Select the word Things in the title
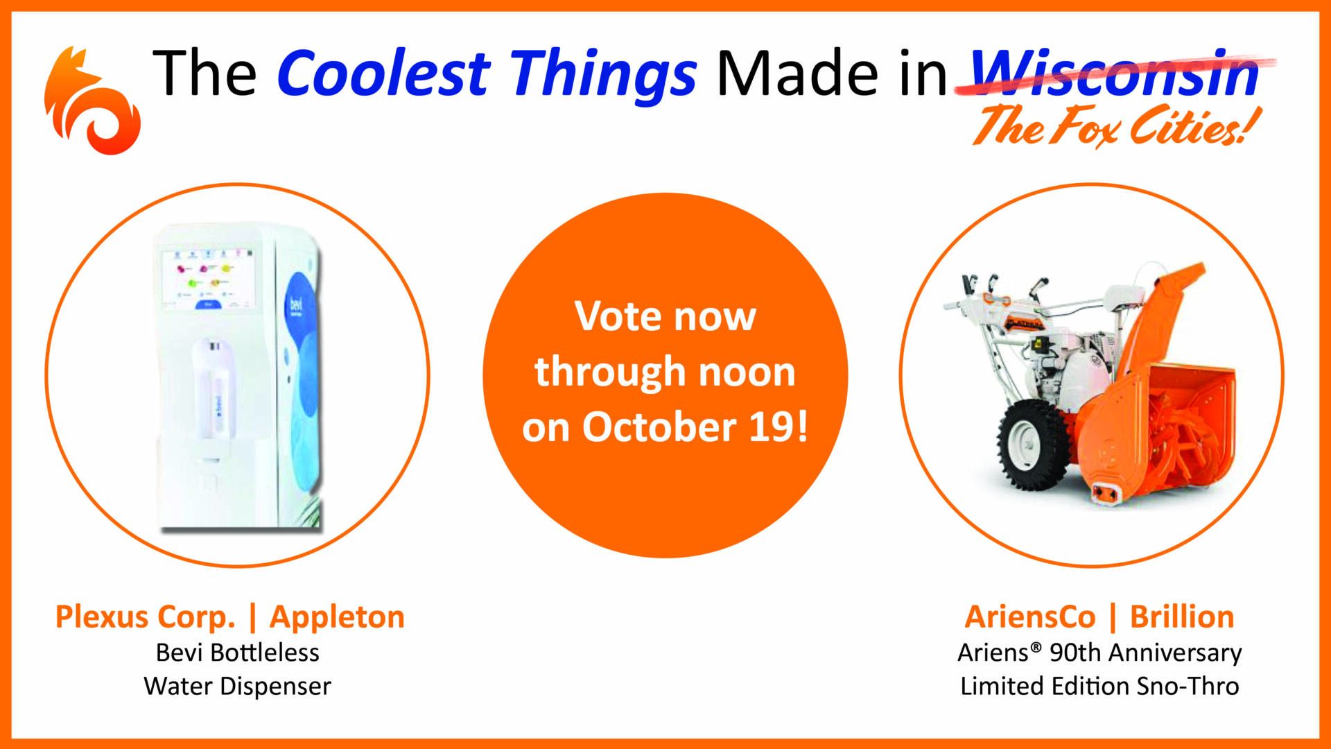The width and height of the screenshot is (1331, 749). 603,75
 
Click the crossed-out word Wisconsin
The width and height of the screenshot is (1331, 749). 1114,73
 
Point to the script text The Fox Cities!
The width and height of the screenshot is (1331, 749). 1115,127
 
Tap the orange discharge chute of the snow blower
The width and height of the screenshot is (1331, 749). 1172,312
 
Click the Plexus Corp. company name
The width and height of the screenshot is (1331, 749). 145,617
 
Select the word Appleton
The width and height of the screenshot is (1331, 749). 337,617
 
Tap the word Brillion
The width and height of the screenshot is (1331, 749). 1181,617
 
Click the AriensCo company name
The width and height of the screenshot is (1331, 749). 1029,617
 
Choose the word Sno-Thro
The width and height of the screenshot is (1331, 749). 1188,686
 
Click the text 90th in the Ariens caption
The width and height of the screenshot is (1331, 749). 1075,653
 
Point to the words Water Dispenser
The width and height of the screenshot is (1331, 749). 237,686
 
